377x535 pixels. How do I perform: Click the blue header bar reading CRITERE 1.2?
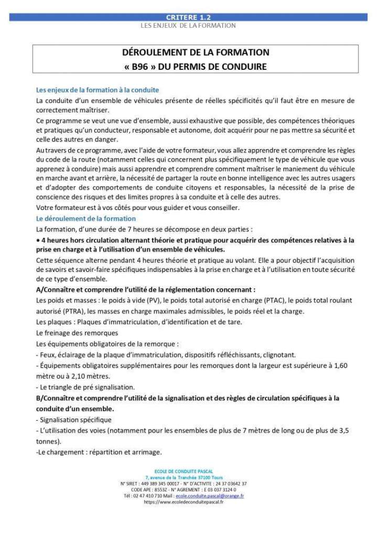pos(188,17)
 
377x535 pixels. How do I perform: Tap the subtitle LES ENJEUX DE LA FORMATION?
pos(188,25)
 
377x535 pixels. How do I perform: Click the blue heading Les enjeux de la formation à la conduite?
pos(98,90)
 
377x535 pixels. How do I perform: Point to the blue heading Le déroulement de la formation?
pos(86,218)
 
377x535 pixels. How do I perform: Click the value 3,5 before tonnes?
pos(341,431)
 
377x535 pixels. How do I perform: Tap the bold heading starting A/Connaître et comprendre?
pos(146,289)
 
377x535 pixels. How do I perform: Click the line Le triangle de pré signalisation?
pos(87,387)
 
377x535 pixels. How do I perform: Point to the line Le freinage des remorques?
pos(77,333)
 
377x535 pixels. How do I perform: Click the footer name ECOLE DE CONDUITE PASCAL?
pos(188,471)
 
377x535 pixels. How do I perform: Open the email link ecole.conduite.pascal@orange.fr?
pos(210,495)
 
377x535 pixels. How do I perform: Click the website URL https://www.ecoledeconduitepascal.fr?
pos(184,501)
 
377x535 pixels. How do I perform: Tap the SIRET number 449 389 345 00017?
pos(159,483)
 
